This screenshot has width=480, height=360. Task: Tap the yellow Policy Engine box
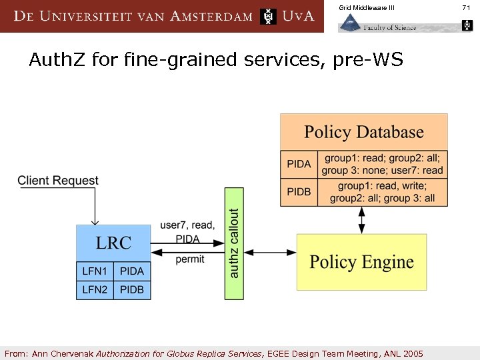coord(361,261)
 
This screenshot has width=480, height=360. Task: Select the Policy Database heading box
coord(363,132)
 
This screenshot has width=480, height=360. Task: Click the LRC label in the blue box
coord(113,243)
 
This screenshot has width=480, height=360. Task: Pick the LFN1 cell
coord(95,271)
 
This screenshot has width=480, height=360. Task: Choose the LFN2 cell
coord(95,290)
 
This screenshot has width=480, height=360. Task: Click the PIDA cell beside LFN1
coord(131,271)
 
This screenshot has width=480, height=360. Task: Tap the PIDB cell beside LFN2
coord(131,290)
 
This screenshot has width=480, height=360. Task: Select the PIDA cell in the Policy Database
coord(299,165)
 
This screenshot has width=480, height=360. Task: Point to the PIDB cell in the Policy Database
coord(299,192)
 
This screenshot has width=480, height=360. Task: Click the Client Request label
coord(57,181)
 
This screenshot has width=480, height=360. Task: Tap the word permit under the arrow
coord(190,259)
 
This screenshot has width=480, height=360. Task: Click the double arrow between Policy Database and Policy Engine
coord(362,219)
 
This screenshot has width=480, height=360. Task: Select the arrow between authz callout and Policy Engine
coord(271,252)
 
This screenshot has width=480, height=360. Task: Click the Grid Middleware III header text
coord(367,7)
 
